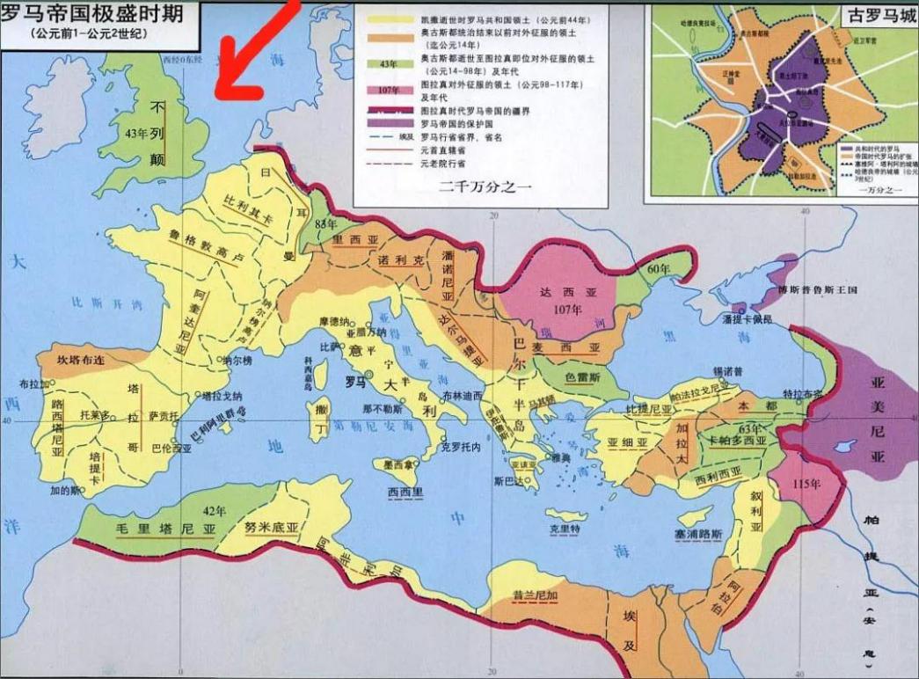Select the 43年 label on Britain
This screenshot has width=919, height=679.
coord(137,135)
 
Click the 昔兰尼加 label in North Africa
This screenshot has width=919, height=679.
coord(536,595)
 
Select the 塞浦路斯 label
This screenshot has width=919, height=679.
coord(698,533)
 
